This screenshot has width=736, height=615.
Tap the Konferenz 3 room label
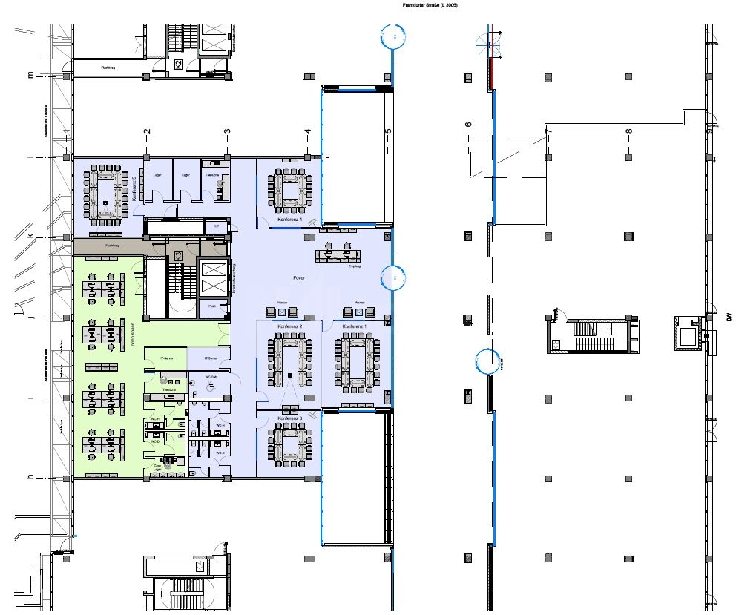click(289, 419)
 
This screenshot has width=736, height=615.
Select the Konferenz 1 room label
click(355, 326)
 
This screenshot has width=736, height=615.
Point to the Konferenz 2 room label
click(289, 326)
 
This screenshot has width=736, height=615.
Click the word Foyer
click(300, 278)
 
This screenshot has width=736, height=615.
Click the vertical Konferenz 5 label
click(134, 189)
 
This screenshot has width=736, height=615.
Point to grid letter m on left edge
click(30, 76)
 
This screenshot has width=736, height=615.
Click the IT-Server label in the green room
click(168, 358)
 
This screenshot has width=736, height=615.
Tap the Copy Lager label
click(157, 467)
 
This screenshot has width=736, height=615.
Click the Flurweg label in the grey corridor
click(113, 244)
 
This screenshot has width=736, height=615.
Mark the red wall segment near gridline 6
click(490, 73)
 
